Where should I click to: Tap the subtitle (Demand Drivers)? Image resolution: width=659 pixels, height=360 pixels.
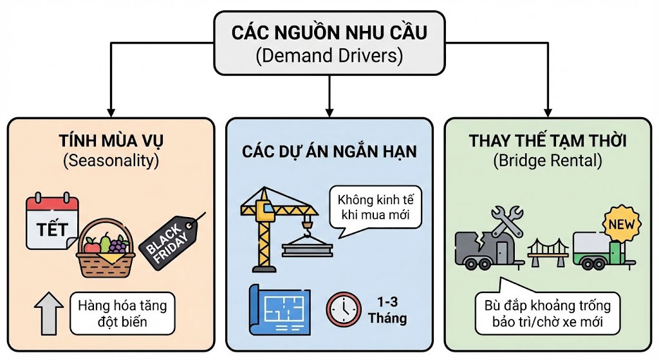[329, 56]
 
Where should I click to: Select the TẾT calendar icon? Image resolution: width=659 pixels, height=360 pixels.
[52, 223]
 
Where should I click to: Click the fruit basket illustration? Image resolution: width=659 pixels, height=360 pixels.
[106, 249]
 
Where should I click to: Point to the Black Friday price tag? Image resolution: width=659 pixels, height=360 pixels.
[169, 238]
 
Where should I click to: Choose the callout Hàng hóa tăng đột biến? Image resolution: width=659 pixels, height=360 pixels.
[122, 313]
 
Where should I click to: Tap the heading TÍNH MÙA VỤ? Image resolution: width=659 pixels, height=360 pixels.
[110, 142]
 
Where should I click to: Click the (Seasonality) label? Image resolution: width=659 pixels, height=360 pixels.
[110, 160]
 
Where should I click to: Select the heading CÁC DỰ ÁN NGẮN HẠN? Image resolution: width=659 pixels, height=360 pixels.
[329, 151]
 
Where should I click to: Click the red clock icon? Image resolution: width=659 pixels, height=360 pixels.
[344, 308]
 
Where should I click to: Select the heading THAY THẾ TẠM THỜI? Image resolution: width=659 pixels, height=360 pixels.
[548, 142]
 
